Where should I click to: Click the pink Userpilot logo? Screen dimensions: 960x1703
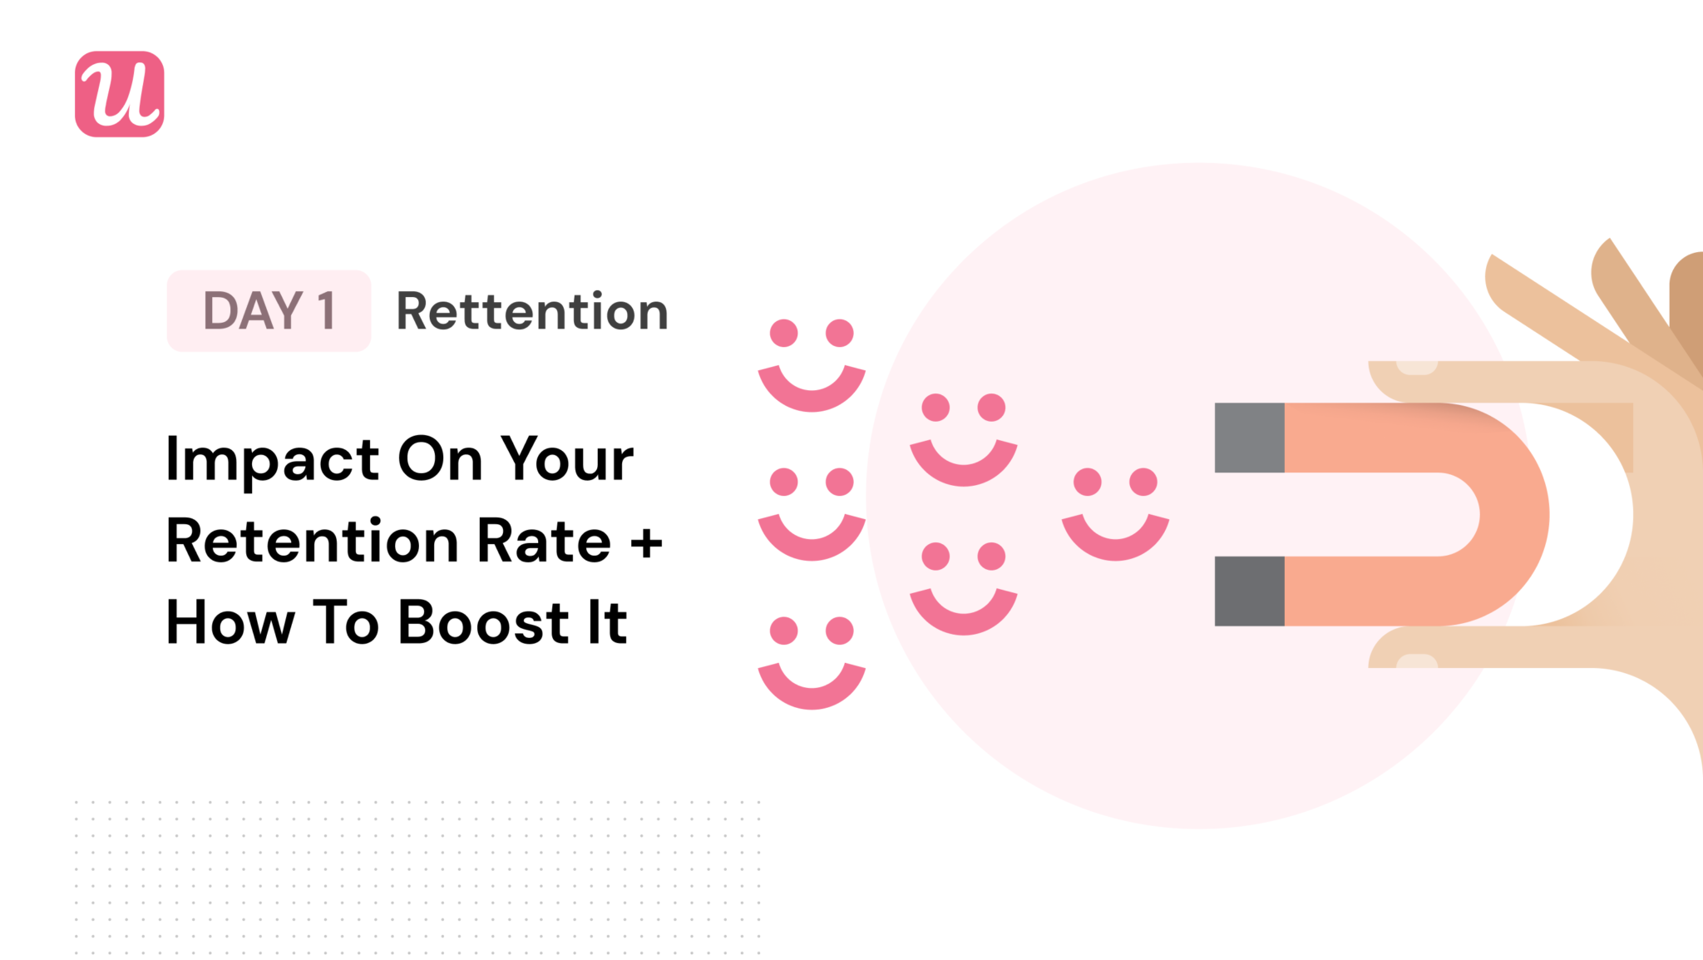(x=119, y=94)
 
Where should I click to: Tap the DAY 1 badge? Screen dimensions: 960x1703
(x=269, y=310)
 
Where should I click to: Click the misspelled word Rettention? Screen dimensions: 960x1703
(x=532, y=311)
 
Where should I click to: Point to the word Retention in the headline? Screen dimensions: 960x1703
(x=312, y=542)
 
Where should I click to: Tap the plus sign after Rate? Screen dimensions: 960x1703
(x=646, y=543)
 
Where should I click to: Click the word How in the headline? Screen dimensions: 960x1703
(x=230, y=622)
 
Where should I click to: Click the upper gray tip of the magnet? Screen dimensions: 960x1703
(x=1249, y=438)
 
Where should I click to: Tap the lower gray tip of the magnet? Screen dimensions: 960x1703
(x=1249, y=591)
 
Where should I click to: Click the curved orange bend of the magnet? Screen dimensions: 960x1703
(x=1509, y=514)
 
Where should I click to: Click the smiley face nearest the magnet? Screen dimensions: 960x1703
(x=1115, y=513)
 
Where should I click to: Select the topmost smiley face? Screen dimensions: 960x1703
(x=812, y=364)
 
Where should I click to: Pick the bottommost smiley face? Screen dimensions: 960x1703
(x=812, y=662)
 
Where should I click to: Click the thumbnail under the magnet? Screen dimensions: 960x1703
(x=1416, y=661)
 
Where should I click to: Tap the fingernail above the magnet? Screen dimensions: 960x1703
(x=1416, y=368)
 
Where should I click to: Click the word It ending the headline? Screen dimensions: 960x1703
(x=607, y=622)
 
